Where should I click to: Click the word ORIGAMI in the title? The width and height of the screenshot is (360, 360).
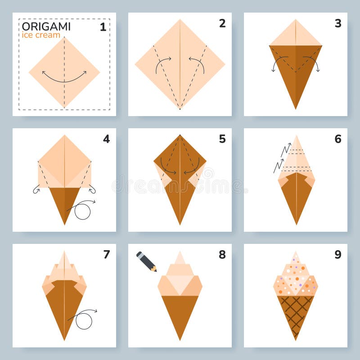(x=46, y=26)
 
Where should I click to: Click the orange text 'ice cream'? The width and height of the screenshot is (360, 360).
(x=41, y=35)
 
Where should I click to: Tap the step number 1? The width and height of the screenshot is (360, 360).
(x=103, y=27)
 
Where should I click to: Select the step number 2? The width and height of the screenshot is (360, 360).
(x=222, y=23)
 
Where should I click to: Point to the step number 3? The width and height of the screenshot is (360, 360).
(x=337, y=23)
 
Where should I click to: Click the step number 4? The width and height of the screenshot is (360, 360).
(x=106, y=139)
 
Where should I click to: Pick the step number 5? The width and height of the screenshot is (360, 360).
(x=222, y=139)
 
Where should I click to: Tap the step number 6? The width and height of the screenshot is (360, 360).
(x=337, y=139)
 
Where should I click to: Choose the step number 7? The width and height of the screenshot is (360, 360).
(x=106, y=255)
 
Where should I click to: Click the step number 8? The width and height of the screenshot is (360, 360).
(x=222, y=255)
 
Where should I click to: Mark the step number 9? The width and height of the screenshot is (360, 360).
(x=337, y=255)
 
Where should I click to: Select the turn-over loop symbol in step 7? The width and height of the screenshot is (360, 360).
(x=84, y=320)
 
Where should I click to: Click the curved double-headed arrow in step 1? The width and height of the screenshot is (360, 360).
(x=64, y=78)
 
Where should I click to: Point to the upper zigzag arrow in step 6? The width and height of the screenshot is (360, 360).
(x=285, y=150)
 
